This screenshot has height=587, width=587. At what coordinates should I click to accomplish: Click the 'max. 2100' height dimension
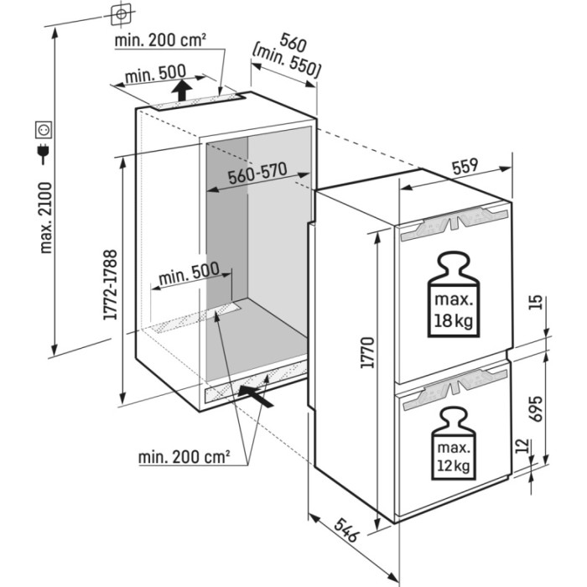pyautogui.click(x=46, y=217)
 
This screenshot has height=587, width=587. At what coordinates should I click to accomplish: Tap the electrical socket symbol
pyautogui.click(x=43, y=130)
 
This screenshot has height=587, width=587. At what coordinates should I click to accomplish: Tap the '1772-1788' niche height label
pyautogui.click(x=110, y=285)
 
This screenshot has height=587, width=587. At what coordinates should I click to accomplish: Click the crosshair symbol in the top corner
pyautogui.click(x=121, y=14)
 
